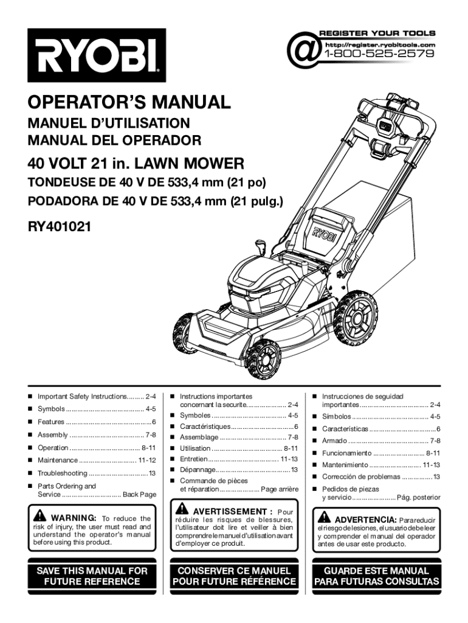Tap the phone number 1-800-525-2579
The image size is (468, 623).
(x=379, y=54)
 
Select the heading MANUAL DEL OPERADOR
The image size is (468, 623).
(x=114, y=141)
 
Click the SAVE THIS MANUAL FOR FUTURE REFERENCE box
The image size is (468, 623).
(x=92, y=576)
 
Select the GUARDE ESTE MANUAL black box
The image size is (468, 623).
(x=376, y=576)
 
